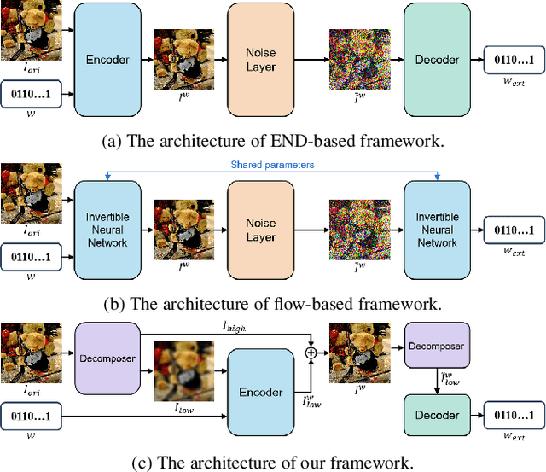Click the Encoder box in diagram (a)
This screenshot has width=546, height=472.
pyautogui.click(x=107, y=60)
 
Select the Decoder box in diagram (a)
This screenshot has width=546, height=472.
pyautogui.click(x=437, y=60)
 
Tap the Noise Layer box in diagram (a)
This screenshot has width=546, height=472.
pyautogui.click(x=261, y=60)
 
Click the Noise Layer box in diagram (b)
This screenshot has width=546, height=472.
pyautogui.click(x=261, y=230)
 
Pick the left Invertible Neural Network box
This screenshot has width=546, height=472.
pyautogui.click(x=107, y=230)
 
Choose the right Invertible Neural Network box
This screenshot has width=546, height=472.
pyautogui.click(x=437, y=230)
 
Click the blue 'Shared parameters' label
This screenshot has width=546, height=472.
pyautogui.click(x=273, y=165)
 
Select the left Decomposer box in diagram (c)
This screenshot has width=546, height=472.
pyautogui.click(x=107, y=358)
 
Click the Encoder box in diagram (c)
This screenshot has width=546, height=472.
pyautogui.click(x=261, y=393)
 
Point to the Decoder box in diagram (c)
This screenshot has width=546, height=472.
pyautogui.click(x=436, y=416)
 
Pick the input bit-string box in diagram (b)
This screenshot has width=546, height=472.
pyautogui.click(x=32, y=255)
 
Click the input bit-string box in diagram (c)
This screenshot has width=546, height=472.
pyautogui.click(x=32, y=416)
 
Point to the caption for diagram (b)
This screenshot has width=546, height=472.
pyautogui.click(x=273, y=303)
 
